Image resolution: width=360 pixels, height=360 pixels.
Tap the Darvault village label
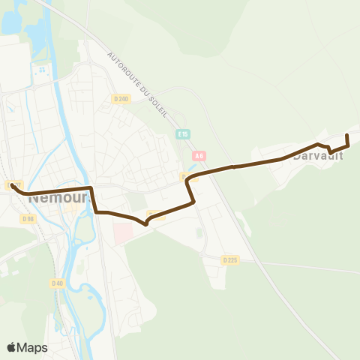[318, 156]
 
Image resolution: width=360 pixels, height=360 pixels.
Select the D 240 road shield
[121, 99]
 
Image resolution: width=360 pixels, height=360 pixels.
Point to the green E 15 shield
[184, 134]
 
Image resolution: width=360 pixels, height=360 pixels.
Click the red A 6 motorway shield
[198, 156]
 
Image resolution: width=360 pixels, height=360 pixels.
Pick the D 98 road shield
[28, 218]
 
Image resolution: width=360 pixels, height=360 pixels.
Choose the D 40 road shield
[57, 283]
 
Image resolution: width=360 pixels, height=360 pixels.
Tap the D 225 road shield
[229, 259]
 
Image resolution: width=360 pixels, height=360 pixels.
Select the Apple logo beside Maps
[12, 347]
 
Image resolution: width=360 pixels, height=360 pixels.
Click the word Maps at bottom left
[33, 347]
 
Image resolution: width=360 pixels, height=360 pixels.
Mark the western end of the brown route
[13, 185]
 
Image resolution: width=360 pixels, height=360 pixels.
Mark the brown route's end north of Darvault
[347, 135]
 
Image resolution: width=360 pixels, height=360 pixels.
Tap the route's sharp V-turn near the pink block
[146, 222]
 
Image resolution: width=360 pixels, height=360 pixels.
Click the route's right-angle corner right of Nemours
[91, 188]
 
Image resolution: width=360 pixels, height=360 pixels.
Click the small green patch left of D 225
[199, 232]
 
